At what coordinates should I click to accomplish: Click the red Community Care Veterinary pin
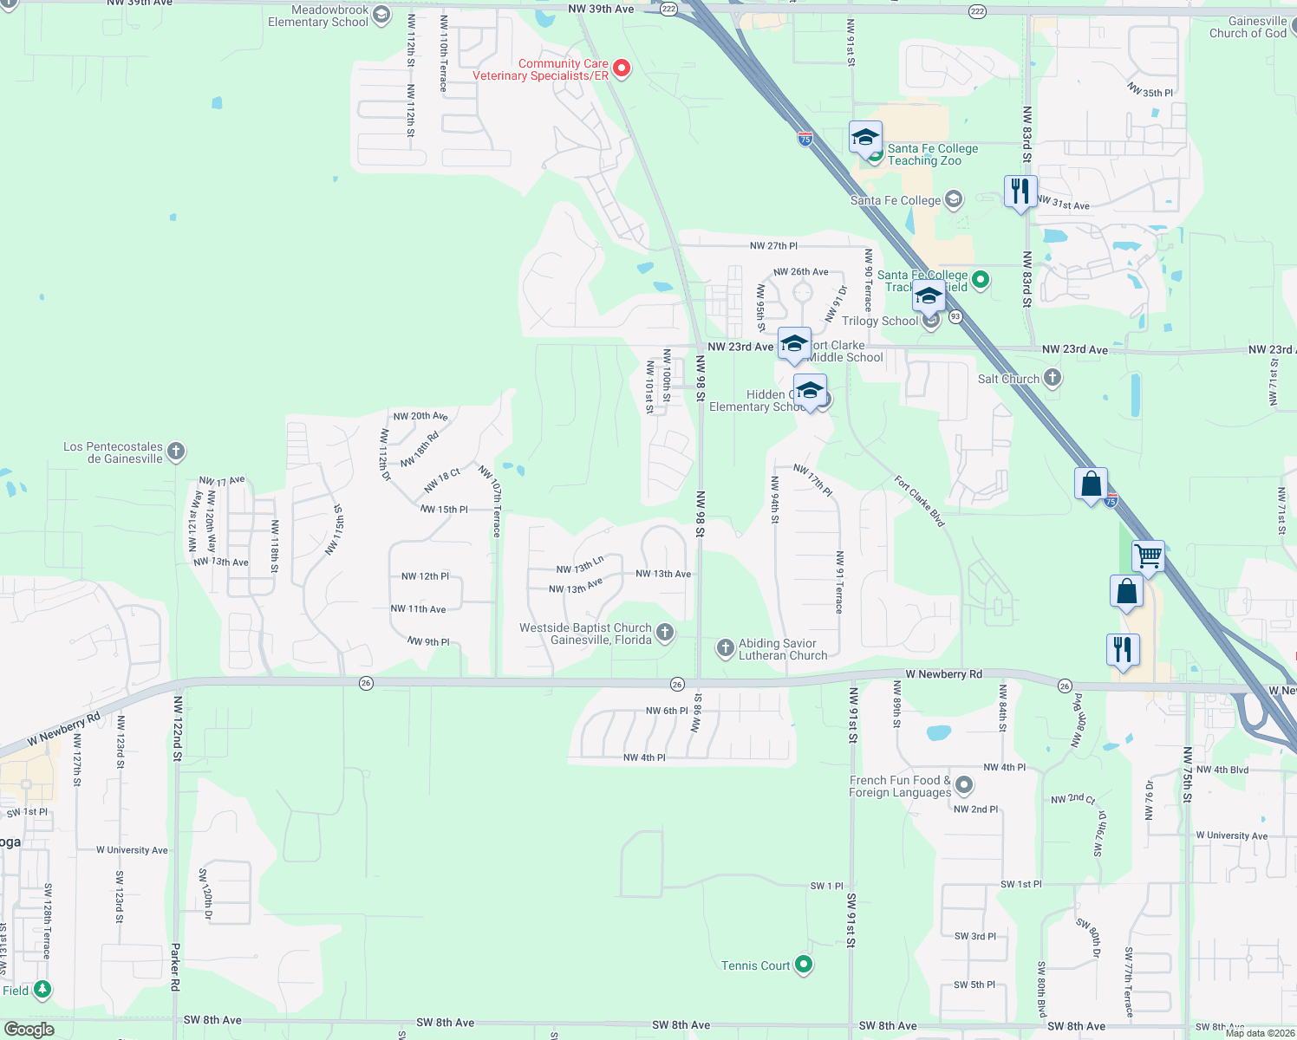[621, 68]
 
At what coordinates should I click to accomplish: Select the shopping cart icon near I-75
[1148, 556]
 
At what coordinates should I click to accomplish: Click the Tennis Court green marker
[804, 964]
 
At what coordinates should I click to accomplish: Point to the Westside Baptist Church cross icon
[665, 633]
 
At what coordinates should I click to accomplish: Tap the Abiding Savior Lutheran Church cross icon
[726, 648]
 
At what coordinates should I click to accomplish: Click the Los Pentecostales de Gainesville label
[113, 452]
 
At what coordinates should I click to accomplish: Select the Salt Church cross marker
[1053, 378]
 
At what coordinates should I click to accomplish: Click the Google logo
[29, 1030]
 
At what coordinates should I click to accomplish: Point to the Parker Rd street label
[175, 966]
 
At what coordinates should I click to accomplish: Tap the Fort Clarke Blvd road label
[919, 501]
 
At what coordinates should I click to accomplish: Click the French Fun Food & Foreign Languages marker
[964, 785]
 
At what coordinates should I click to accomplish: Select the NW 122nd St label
[178, 728]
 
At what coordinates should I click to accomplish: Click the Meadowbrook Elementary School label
[318, 16]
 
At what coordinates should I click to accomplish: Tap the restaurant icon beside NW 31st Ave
[1020, 192]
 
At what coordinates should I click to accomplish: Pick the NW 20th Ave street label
[420, 416]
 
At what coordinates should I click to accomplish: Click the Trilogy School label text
[879, 321]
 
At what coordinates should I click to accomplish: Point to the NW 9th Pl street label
[428, 642]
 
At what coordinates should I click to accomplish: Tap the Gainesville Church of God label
[1248, 27]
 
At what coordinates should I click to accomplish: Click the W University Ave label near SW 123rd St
[132, 850]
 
